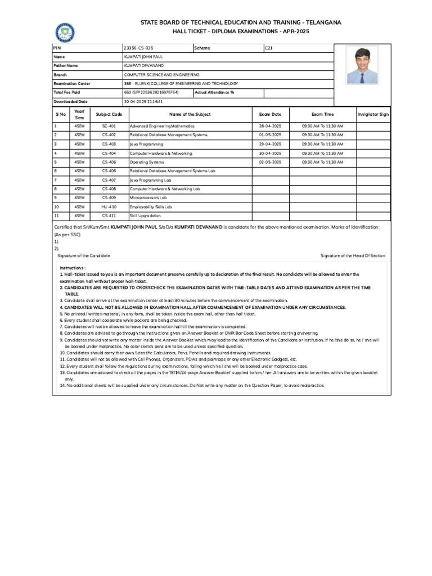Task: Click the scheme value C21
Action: point(268,48)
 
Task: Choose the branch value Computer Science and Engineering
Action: point(161,74)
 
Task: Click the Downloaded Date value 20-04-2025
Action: point(143,101)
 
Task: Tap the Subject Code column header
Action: point(109,114)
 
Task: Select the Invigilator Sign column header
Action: point(373,114)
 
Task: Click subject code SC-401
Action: point(109,126)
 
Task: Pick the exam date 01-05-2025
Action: point(269,135)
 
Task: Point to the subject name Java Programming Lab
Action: point(150,180)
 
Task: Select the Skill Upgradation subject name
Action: point(145,215)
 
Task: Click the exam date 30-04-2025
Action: point(269,153)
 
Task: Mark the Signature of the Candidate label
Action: point(84,255)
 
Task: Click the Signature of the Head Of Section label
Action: point(353,255)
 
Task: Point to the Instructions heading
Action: point(73,268)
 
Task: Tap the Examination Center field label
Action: point(71,83)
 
